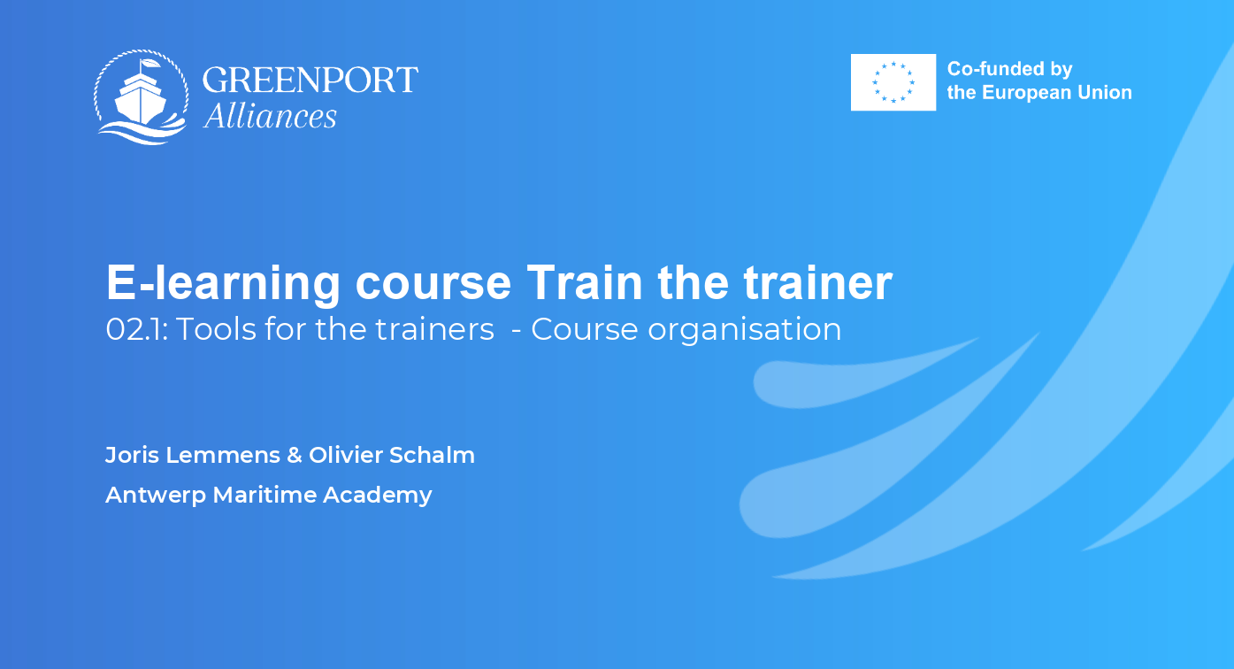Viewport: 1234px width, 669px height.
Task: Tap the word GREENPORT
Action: click(x=310, y=80)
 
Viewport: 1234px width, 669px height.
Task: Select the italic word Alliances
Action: click(x=270, y=116)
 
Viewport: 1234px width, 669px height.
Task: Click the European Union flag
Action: click(x=893, y=82)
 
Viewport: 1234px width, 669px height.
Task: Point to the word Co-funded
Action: click(x=989, y=69)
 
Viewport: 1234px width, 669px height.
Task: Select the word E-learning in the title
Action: click(x=223, y=284)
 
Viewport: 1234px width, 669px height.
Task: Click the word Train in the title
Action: click(x=585, y=282)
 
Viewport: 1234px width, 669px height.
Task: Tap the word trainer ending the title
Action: click(x=818, y=282)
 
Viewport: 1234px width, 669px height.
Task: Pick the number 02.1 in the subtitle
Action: click(x=136, y=329)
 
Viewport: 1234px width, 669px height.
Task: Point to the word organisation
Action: click(x=744, y=330)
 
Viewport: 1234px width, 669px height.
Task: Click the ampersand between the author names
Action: click(x=295, y=455)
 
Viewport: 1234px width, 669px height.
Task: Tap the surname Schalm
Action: click(x=432, y=455)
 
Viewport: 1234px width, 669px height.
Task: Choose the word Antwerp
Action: click(x=156, y=496)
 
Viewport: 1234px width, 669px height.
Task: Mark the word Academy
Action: click(x=378, y=496)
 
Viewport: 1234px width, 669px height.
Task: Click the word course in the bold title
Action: click(x=433, y=284)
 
